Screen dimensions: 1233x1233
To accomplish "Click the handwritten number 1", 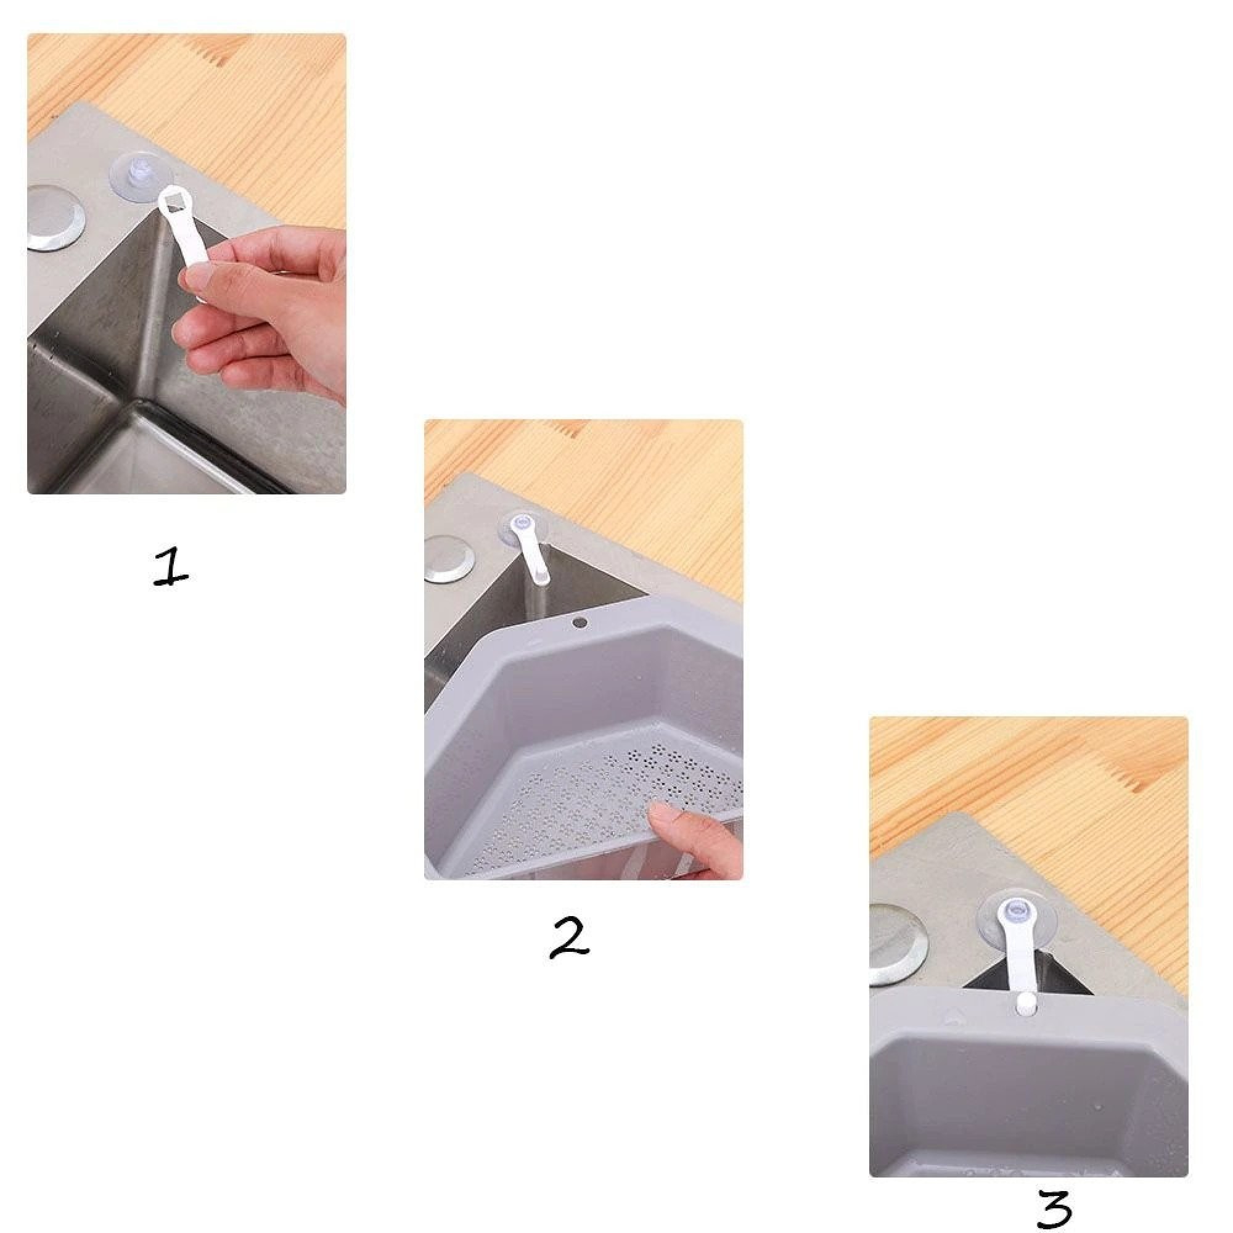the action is [x=171, y=567].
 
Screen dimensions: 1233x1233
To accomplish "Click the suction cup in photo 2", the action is [x=524, y=527].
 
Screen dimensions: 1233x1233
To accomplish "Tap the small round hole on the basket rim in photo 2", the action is [x=580, y=620].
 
